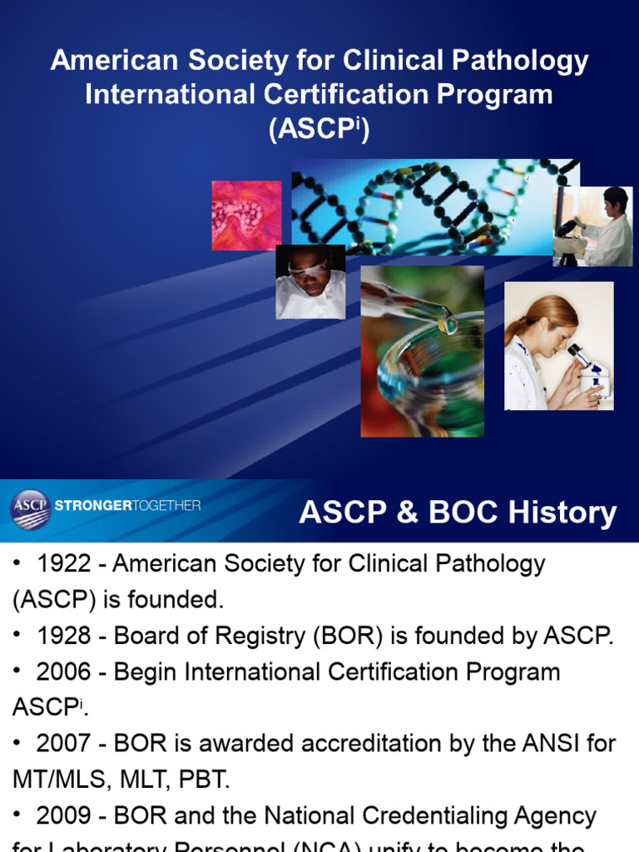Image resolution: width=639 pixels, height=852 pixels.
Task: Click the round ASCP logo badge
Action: click(x=31, y=509)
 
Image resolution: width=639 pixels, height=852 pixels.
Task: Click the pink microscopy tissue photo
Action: click(x=246, y=215)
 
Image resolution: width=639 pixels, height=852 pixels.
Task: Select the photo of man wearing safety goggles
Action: click(x=310, y=282)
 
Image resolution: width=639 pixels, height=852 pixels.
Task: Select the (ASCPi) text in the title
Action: click(x=319, y=130)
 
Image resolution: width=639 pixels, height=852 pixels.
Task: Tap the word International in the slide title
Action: click(x=173, y=94)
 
